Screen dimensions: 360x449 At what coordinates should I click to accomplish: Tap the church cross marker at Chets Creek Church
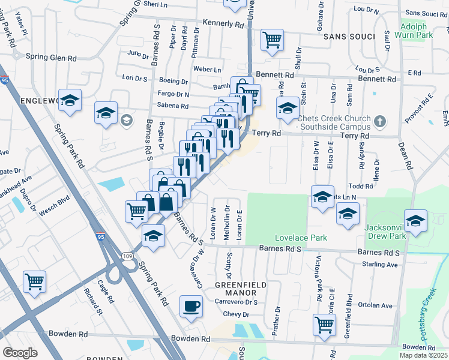[379, 122]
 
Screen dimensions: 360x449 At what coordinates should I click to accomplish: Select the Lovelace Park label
[301, 238]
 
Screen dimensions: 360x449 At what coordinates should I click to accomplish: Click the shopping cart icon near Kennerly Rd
[272, 40]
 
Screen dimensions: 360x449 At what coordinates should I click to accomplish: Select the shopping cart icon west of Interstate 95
[35, 281]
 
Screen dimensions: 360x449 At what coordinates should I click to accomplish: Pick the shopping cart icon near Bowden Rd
[324, 324]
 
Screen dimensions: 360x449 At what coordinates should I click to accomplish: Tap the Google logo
[20, 353]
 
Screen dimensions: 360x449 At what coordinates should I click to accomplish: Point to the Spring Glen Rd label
[52, 58]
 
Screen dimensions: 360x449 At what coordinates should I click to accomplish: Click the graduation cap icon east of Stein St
[288, 108]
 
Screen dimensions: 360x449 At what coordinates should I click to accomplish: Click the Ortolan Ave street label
[377, 305]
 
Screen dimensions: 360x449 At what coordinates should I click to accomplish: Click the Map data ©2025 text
[422, 355]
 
